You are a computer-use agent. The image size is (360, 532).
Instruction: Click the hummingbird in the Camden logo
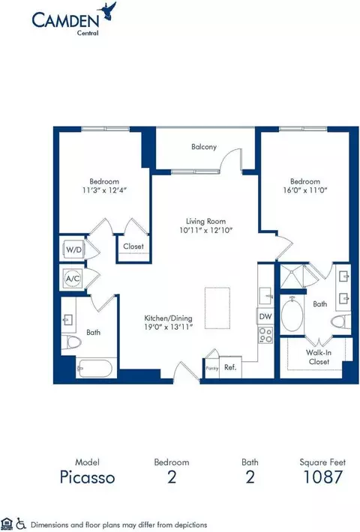pos(107,11)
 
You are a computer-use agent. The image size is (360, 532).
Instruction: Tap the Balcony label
pos(204,147)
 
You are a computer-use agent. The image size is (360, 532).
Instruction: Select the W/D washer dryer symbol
pos(73,250)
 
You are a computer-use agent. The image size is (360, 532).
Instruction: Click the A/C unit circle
pos(73,279)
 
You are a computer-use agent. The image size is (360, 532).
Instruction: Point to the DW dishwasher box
pos(265,316)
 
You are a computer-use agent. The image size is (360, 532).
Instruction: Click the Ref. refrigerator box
pos(230,367)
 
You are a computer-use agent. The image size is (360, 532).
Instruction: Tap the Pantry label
pos(212,369)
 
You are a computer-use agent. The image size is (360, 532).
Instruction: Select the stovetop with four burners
pos(265,335)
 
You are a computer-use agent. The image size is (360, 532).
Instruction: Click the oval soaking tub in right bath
pos(292,315)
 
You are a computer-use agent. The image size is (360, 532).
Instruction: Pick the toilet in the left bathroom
pos(72,342)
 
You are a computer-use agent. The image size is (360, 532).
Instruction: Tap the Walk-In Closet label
pos(319,357)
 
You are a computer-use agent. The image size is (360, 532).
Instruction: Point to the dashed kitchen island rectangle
pos(217,308)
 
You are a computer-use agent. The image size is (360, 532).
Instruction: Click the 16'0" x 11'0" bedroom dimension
pos(305,190)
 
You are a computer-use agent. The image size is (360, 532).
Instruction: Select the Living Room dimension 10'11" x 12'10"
pos(205,230)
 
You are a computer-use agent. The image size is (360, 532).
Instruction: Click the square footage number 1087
pos(322,477)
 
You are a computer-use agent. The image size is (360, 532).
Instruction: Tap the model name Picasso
pos(87,477)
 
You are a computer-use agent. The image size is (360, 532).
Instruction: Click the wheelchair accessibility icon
pos(21,524)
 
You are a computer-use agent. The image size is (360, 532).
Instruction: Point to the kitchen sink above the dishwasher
pos(265,296)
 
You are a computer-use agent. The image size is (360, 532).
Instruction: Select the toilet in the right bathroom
pos(340,321)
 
